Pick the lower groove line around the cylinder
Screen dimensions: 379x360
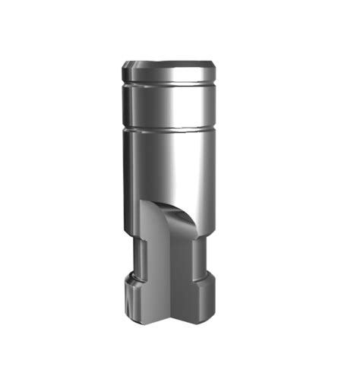coord(172,128)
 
